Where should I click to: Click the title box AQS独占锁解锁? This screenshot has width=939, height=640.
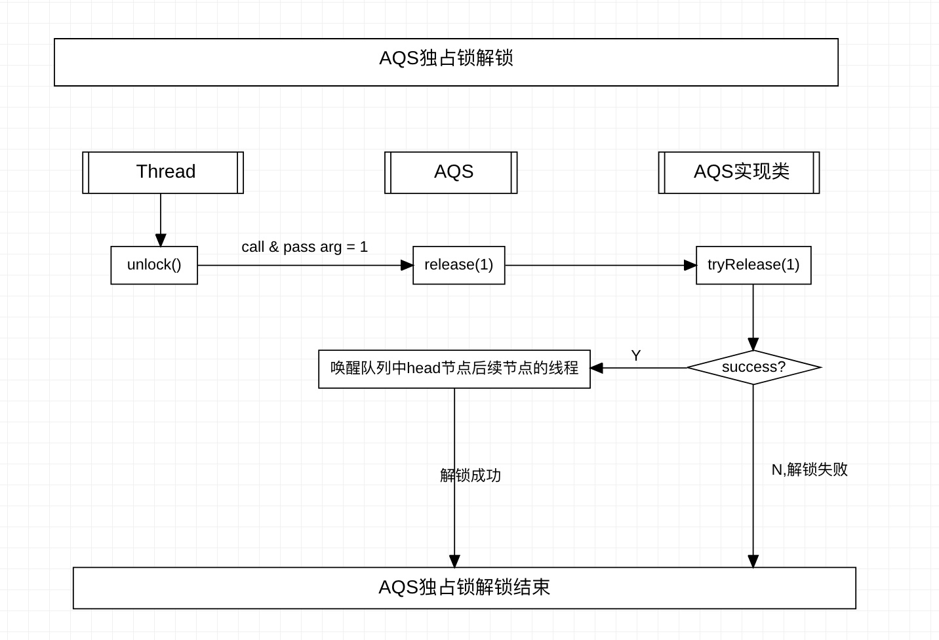(x=446, y=62)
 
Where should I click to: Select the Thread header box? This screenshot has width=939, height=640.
(x=163, y=172)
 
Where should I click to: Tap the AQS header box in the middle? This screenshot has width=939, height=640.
(x=451, y=172)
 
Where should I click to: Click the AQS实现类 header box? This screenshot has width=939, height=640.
(x=739, y=172)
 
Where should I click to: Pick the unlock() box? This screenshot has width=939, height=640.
(x=154, y=265)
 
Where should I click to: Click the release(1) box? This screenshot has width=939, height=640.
(x=459, y=265)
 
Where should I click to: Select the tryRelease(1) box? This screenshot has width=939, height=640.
(x=753, y=265)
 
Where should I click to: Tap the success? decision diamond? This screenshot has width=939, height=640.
(x=753, y=367)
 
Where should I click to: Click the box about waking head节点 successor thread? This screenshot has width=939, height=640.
(x=454, y=369)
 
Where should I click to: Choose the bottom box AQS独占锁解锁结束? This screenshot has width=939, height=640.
(x=464, y=588)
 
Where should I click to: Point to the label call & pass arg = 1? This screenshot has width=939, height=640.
(x=304, y=247)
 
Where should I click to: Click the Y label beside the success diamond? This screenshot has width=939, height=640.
(x=635, y=355)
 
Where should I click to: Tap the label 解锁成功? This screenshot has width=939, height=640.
(x=470, y=475)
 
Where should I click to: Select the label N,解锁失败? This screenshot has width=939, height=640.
(x=809, y=470)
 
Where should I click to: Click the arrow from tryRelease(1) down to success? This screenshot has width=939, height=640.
(x=753, y=315)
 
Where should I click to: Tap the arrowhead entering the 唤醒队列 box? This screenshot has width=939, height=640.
(x=597, y=368)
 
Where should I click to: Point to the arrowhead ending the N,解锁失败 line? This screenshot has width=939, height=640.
(x=753, y=561)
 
